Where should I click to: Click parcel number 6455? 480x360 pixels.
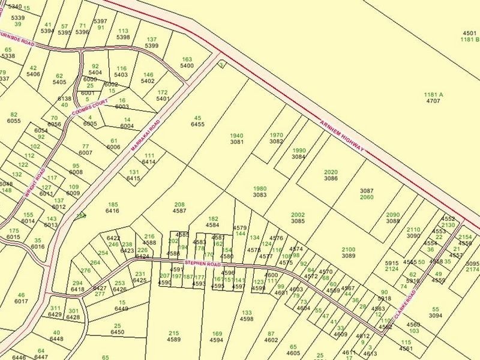(197, 124)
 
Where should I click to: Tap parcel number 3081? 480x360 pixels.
(236, 142)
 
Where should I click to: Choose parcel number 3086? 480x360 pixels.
(331, 178)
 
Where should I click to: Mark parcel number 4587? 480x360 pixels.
(179, 211)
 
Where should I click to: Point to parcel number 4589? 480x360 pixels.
(174, 339)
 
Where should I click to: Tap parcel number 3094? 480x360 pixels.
(436, 315)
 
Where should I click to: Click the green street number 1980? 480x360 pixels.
(259, 188)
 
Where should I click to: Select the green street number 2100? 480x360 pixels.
(348, 249)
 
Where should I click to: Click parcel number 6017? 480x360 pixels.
(21, 301)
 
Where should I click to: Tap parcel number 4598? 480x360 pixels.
(246, 319)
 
